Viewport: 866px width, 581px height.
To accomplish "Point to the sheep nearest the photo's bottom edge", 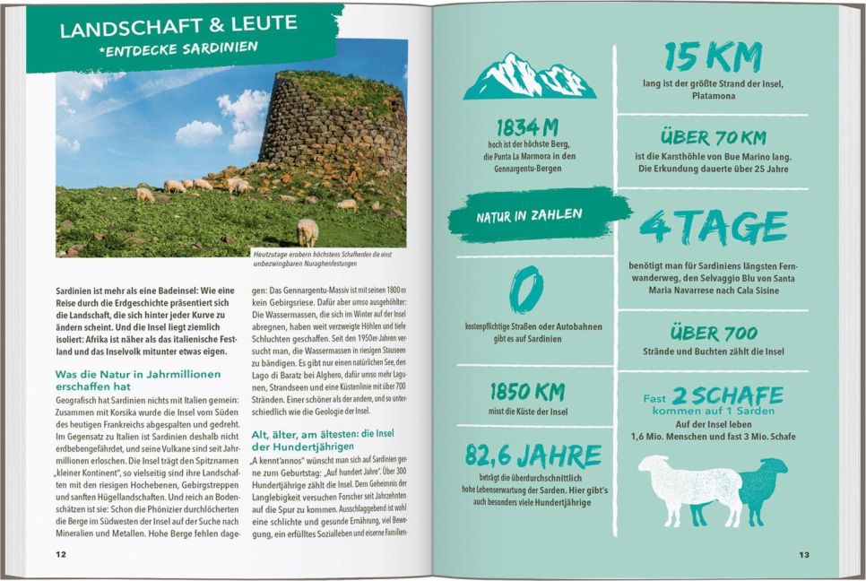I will point(307,231).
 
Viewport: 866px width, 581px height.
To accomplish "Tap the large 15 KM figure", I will point(713,57).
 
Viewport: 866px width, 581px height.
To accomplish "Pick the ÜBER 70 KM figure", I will point(713,137).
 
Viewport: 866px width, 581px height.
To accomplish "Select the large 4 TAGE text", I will point(714,228).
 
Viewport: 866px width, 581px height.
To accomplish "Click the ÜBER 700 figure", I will point(714,334).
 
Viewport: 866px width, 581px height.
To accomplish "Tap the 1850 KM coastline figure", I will point(528,392).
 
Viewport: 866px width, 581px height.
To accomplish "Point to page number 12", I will point(61,554).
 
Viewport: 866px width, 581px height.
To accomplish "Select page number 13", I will point(804,554).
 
